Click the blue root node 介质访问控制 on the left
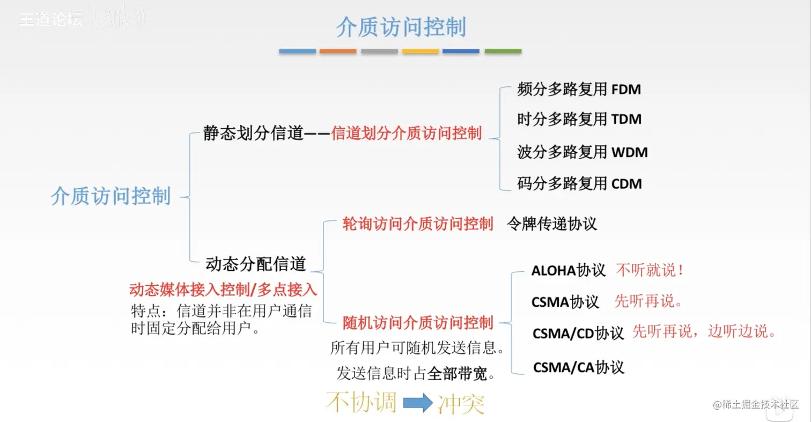(111, 196)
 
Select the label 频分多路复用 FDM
(579, 89)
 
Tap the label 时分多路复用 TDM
(579, 119)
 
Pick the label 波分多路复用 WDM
(582, 152)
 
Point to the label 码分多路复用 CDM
(579, 184)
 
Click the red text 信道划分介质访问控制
(407, 133)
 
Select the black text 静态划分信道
(254, 133)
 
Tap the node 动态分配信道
(256, 264)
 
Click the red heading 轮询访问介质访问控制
(418, 224)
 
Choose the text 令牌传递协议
(551, 224)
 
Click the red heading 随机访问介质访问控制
(418, 323)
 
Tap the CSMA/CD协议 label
(578, 334)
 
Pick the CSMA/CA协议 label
(578, 367)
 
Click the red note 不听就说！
(650, 270)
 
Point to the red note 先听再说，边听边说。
(704, 331)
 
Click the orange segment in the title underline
(338, 51)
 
